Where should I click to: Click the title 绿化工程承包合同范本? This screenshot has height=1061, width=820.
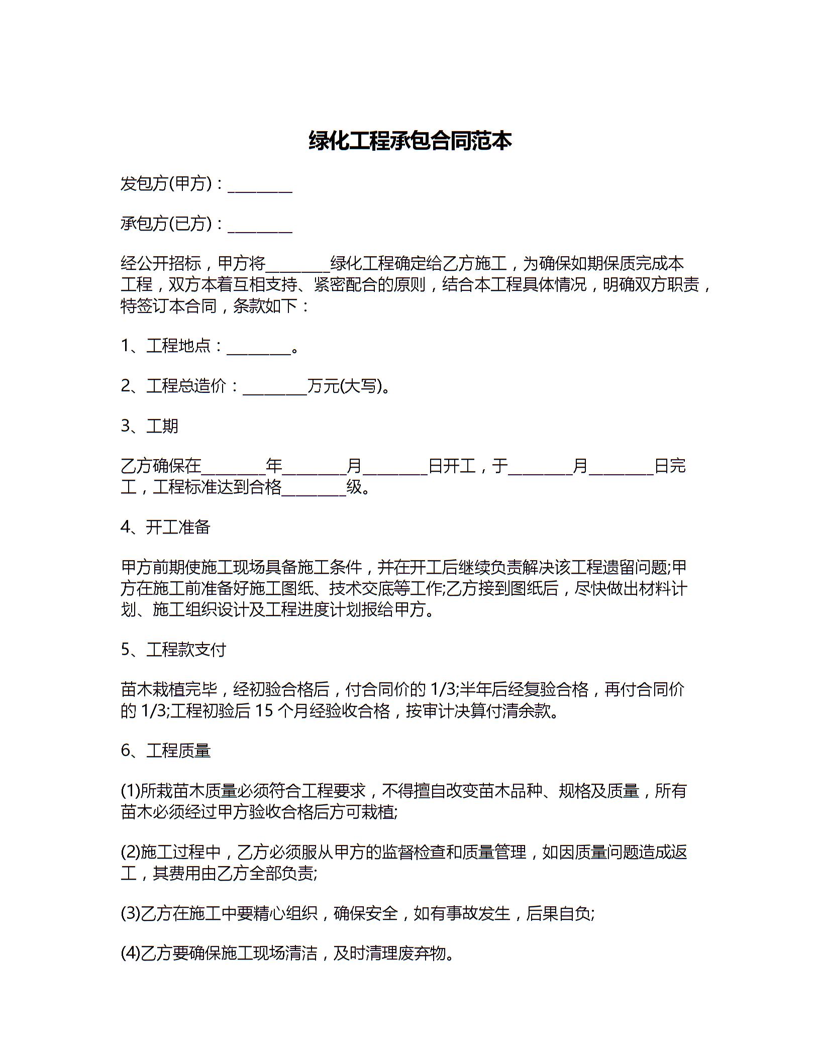(x=410, y=141)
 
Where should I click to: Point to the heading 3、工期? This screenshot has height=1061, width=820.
(x=149, y=426)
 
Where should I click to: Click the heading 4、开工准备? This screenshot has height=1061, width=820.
(x=165, y=527)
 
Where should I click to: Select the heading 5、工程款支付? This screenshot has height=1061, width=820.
(x=173, y=650)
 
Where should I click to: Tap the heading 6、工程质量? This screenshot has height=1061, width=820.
(x=165, y=751)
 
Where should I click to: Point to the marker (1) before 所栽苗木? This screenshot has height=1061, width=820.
(x=130, y=791)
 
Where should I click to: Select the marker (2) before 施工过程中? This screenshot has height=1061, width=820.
(x=130, y=853)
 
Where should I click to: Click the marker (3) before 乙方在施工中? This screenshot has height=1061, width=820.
(x=130, y=913)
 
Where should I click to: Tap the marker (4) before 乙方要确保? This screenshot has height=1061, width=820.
(x=130, y=953)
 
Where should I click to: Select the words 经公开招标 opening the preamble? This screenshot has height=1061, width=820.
(x=161, y=264)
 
